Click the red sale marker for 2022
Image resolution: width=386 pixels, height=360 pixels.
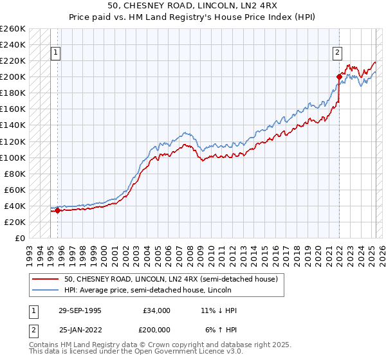[339, 76]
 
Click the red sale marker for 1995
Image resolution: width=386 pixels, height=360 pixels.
[57, 210]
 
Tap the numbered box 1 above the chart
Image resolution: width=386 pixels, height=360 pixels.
[55, 53]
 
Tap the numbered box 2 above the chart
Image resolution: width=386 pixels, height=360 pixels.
[337, 53]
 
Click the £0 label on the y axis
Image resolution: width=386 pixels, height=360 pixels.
[20, 238]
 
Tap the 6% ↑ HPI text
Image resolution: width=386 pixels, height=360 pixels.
[221, 330]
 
